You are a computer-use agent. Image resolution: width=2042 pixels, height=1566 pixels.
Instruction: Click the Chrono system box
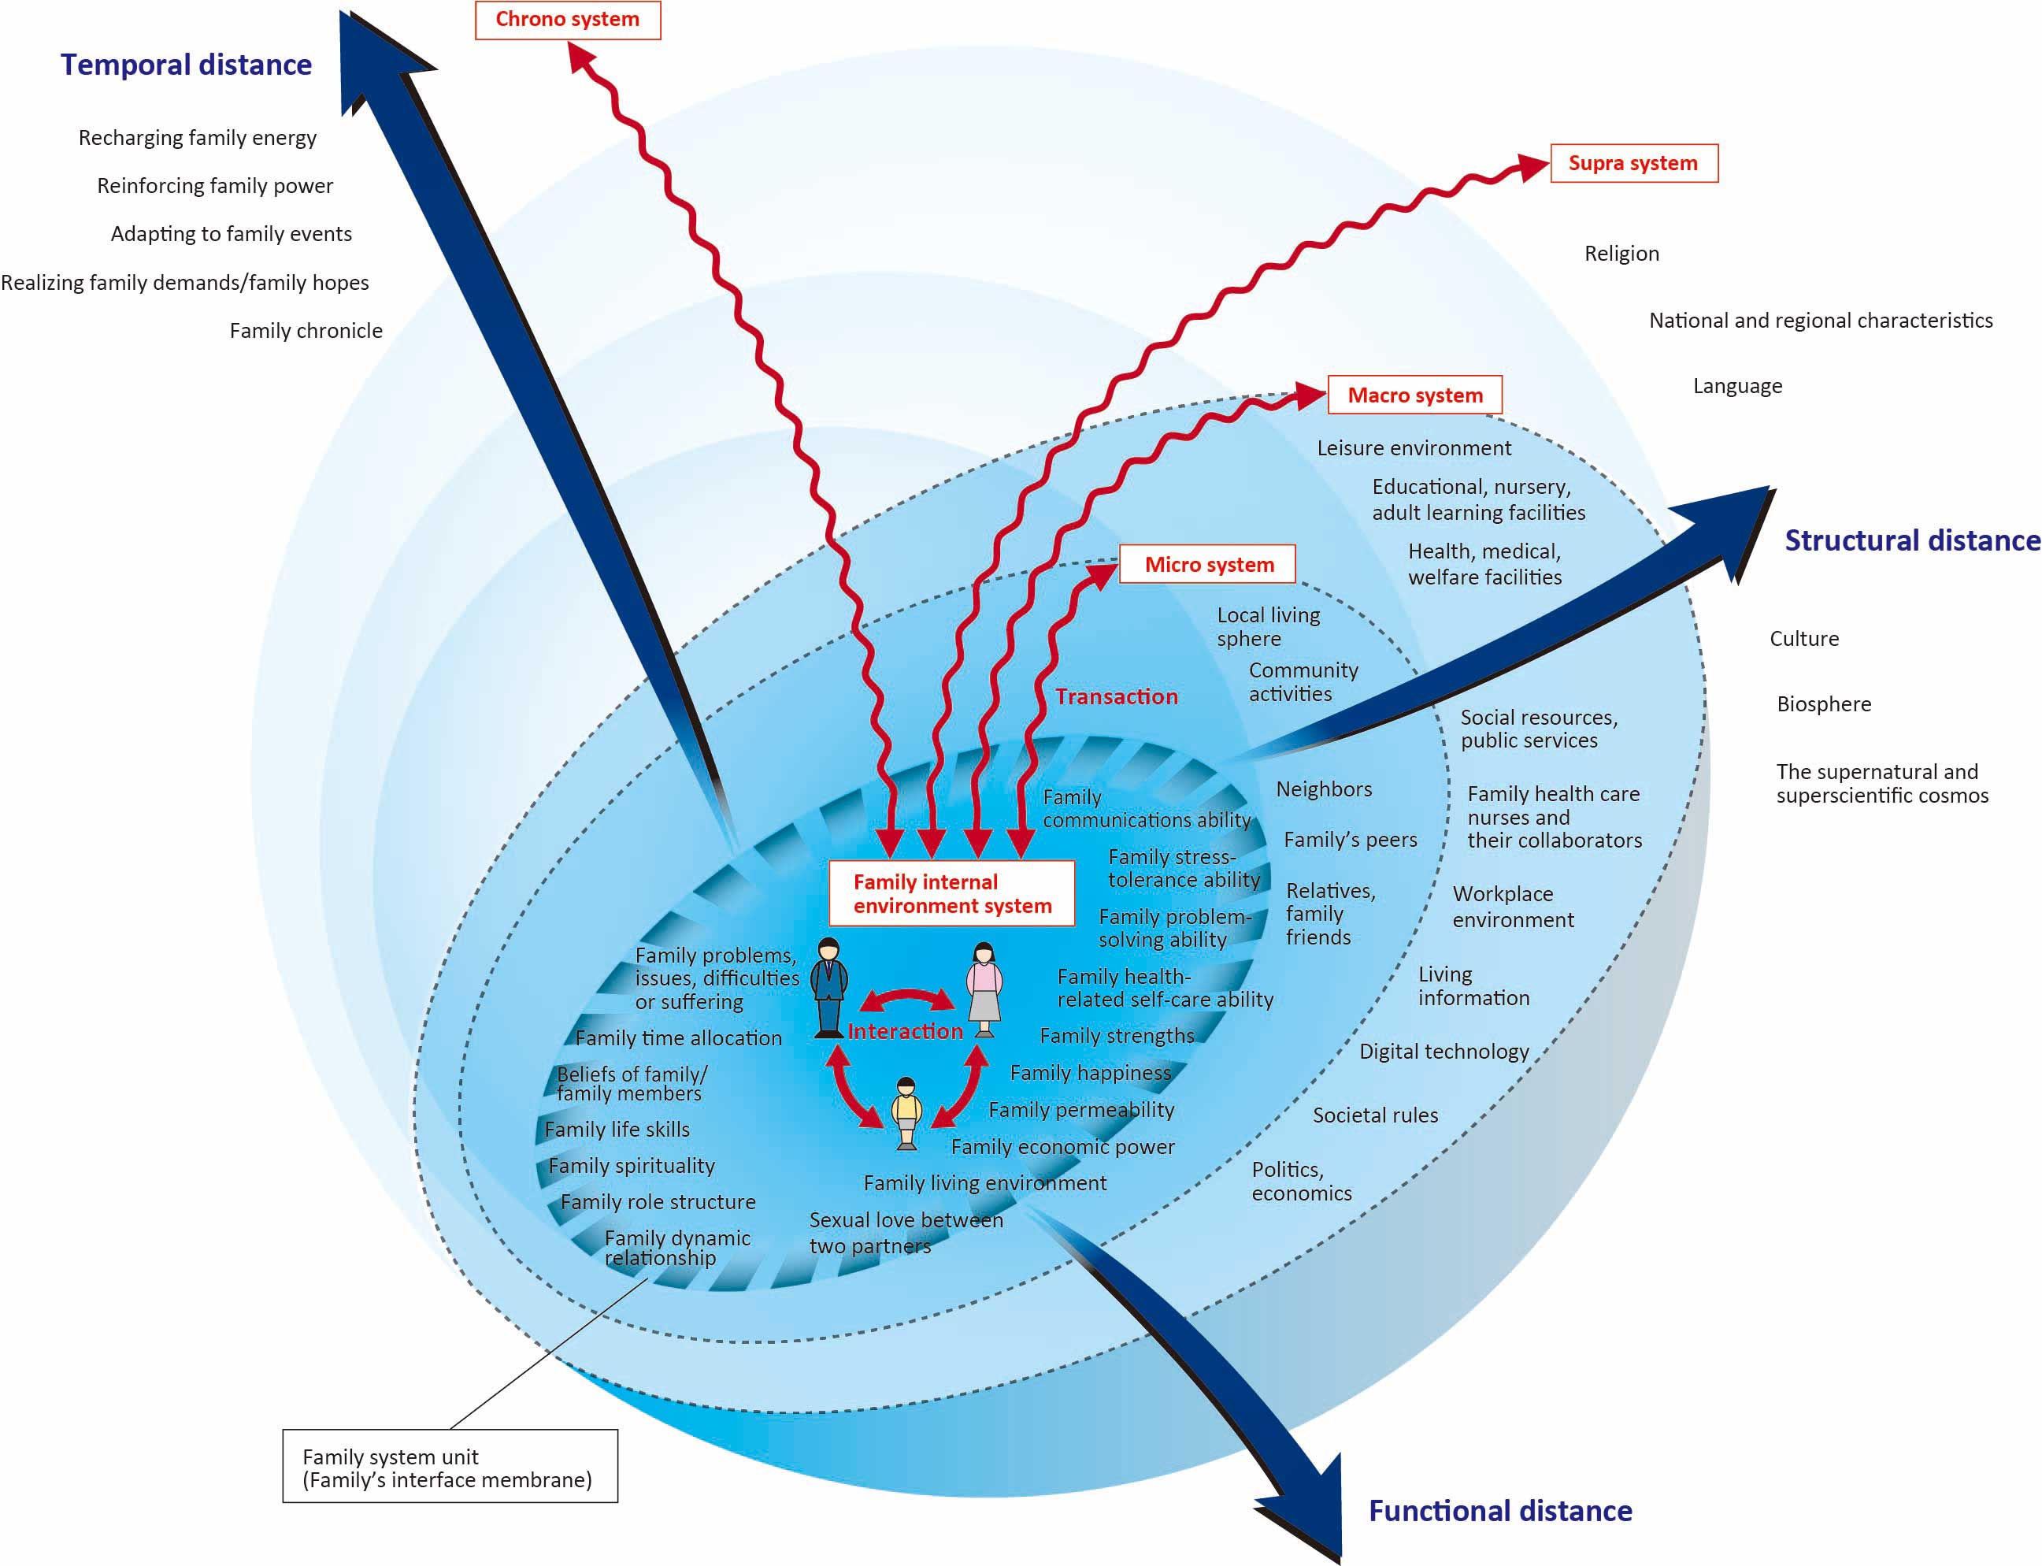[568, 20]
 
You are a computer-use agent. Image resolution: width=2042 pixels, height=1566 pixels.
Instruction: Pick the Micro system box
[1208, 564]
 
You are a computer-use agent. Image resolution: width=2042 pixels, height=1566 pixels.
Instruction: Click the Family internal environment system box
[951, 893]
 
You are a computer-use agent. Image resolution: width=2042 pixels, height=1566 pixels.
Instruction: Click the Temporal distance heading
[187, 65]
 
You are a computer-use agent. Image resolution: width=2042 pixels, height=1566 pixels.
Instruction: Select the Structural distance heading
[1911, 540]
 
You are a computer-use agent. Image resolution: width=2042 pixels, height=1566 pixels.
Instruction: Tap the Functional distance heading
[1499, 1510]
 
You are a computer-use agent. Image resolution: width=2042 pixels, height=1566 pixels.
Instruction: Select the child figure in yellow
[906, 1113]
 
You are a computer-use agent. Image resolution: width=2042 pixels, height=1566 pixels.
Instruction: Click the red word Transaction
[1116, 696]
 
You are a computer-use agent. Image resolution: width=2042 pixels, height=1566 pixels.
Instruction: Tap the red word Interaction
[904, 1031]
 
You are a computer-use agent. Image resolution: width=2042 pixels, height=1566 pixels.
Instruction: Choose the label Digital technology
[1443, 1052]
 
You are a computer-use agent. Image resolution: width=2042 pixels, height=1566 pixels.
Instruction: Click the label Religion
[1621, 254]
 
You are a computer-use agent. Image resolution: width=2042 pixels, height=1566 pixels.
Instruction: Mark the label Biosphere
[1823, 703]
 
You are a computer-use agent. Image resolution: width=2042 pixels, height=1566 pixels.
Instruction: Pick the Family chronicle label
[306, 331]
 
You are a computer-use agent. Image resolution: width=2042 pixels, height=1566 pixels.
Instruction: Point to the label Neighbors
[1324, 789]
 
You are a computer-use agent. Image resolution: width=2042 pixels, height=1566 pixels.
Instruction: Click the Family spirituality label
[631, 1165]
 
